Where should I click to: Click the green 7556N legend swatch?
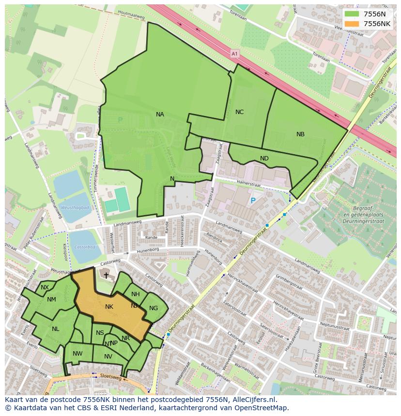[352, 14]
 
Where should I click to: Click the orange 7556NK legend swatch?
[352, 24]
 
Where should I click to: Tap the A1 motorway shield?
[235, 54]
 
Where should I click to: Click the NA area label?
[160, 115]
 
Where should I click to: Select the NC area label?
[239, 112]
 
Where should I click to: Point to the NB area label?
[300, 134]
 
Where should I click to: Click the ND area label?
[264, 158]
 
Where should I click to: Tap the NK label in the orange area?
[109, 307]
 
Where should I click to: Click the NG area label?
[154, 308]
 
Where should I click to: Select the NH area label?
[136, 294]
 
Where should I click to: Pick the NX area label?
[45, 287]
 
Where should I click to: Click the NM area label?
[51, 300]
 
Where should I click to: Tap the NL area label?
[55, 329]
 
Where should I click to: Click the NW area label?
[77, 354]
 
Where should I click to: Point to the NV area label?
[108, 357]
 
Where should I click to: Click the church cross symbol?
[106, 275]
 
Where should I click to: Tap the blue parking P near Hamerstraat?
[252, 201]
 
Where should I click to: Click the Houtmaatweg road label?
[131, 16]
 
